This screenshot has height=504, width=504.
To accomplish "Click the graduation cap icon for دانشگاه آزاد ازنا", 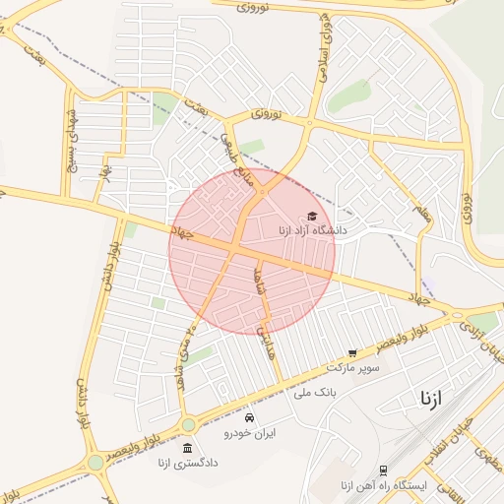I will pyautogui.click(x=312, y=217).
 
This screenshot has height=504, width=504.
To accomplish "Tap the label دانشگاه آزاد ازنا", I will pyautogui.click(x=312, y=231).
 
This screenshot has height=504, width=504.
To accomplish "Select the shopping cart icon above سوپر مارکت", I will pyautogui.click(x=352, y=352).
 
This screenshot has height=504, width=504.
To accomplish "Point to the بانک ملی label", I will pyautogui.click(x=315, y=392).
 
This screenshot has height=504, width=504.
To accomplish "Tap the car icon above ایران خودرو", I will pyautogui.click(x=249, y=417).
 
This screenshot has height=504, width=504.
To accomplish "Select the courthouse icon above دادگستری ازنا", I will pyautogui.click(x=187, y=448).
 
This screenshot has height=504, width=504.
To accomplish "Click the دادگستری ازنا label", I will pyautogui.click(x=188, y=462).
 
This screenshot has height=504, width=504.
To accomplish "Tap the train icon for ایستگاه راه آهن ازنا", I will pyautogui.click(x=382, y=471).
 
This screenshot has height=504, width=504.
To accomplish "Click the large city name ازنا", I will pyautogui.click(x=431, y=399).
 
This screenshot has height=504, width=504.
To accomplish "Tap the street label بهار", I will pyautogui.click(x=103, y=172).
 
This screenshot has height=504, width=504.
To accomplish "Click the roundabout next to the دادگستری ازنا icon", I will pyautogui.click(x=187, y=424).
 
